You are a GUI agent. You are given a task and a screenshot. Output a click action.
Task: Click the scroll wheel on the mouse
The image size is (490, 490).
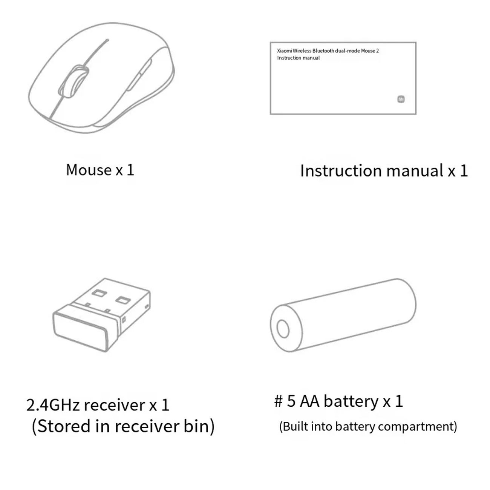[74, 81]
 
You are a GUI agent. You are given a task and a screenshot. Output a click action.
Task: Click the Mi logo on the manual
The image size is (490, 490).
[401, 99]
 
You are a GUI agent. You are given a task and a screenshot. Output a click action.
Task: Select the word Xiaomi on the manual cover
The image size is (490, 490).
[284, 51]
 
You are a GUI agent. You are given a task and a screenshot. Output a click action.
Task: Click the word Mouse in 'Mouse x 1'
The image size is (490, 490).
[89, 170]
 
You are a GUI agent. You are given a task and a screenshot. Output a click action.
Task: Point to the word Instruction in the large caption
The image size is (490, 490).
[341, 171]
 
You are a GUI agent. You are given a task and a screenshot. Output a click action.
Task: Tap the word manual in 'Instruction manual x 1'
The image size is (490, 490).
[415, 171]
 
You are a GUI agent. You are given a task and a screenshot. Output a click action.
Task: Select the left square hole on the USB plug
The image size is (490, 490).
[99, 293]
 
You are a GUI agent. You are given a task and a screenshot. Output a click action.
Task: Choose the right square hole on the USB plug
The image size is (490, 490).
[123, 300]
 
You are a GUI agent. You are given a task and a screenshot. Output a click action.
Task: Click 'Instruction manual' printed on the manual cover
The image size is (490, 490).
[298, 58]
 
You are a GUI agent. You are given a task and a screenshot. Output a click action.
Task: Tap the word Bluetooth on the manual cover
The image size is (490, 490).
[323, 51]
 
